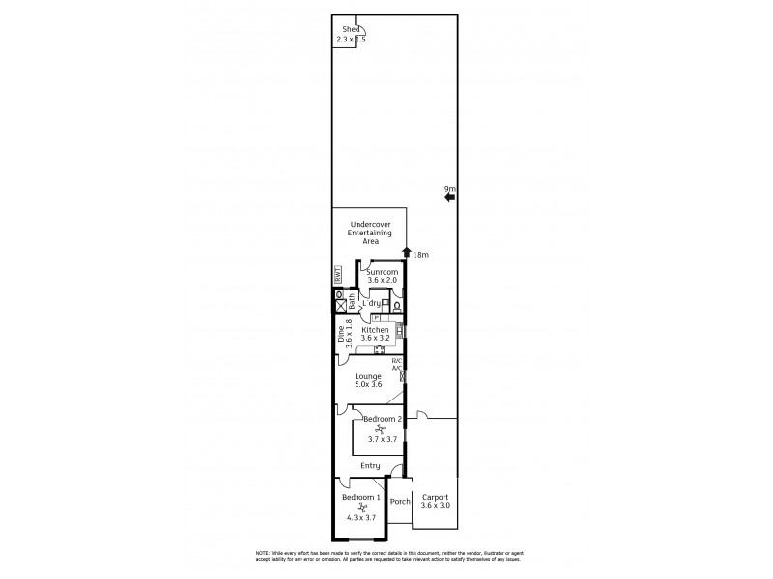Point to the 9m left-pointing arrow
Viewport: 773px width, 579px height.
coord(449,198)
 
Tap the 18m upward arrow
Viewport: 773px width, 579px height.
coord(406,254)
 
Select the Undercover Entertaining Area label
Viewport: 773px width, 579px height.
coord(370,233)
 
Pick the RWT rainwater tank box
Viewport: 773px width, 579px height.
coord(338,275)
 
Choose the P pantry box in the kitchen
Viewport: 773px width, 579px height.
coord(375,317)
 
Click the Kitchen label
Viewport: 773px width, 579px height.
coord(375,329)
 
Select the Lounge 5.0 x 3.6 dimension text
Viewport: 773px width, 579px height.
coord(367,385)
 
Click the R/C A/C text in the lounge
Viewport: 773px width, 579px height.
coord(396,364)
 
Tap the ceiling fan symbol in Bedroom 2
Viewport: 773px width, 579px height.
coord(381,428)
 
